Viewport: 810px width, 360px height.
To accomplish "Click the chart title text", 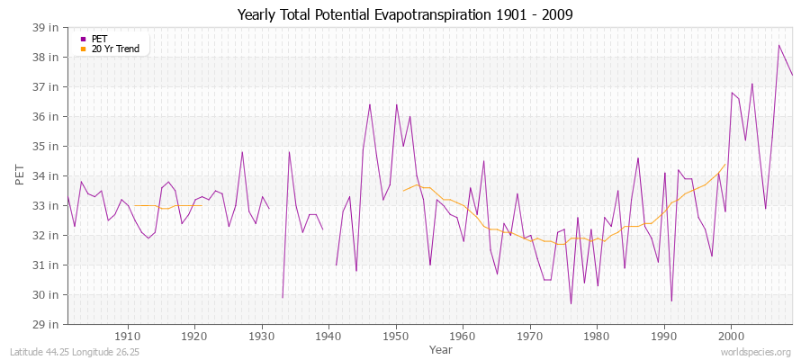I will click(x=405, y=14).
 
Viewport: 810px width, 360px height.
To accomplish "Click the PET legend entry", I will click(x=99, y=39).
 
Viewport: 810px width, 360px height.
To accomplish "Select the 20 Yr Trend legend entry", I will click(x=115, y=49).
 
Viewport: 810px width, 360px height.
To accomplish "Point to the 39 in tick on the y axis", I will click(x=48, y=27).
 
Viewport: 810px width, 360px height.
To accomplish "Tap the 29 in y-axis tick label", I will click(x=48, y=324).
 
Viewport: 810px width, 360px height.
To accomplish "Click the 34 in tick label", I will click(x=48, y=175).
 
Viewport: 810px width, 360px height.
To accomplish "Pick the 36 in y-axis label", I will click(x=48, y=116).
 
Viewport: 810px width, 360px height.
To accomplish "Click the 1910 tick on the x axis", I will click(x=128, y=336).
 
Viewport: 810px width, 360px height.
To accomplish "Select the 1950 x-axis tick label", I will click(x=396, y=336).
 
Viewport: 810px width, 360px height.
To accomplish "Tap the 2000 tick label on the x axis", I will click(x=731, y=336).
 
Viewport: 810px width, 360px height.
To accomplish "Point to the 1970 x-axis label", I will click(x=530, y=336).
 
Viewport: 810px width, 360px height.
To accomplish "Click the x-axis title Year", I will click(x=441, y=349).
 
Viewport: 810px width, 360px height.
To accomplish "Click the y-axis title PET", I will click(x=21, y=175).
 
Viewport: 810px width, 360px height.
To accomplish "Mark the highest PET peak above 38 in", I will click(x=779, y=45).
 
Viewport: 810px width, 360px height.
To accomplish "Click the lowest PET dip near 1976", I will click(x=571, y=303).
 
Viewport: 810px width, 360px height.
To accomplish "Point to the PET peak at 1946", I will click(x=369, y=104).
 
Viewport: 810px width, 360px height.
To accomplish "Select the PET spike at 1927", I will click(x=242, y=151).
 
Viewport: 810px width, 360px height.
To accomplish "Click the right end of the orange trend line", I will click(x=725, y=164).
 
